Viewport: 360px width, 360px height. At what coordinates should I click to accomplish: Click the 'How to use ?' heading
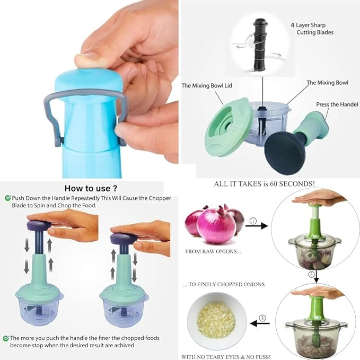[x=91, y=189]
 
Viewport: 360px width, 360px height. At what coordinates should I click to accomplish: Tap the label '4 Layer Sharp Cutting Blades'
[x=312, y=29]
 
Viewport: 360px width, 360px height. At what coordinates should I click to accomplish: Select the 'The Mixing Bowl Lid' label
[x=207, y=86]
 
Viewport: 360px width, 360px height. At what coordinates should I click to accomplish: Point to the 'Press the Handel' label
[x=337, y=104]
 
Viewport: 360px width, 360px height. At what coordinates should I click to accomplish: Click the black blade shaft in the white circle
[x=260, y=45]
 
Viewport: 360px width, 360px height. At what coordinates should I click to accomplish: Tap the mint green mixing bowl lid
[x=227, y=127]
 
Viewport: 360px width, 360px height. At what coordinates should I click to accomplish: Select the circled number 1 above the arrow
[x=253, y=221]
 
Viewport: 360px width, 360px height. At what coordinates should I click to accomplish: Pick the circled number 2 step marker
[x=311, y=274]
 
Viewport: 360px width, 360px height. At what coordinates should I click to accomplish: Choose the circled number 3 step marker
[x=262, y=318]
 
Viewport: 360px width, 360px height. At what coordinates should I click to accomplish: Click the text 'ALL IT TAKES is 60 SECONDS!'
[x=264, y=184]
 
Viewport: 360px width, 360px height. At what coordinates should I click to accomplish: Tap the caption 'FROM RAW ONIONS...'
[x=213, y=252]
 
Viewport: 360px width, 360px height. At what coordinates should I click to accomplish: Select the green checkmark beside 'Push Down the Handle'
[x=8, y=198]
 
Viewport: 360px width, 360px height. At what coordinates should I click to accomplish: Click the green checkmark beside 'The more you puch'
[x=6, y=338]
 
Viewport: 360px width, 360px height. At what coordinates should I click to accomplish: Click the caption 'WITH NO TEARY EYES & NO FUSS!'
[x=226, y=357]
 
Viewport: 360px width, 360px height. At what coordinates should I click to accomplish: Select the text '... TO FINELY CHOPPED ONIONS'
[x=224, y=285]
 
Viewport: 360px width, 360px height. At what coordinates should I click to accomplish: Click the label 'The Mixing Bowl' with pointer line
[x=328, y=83]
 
